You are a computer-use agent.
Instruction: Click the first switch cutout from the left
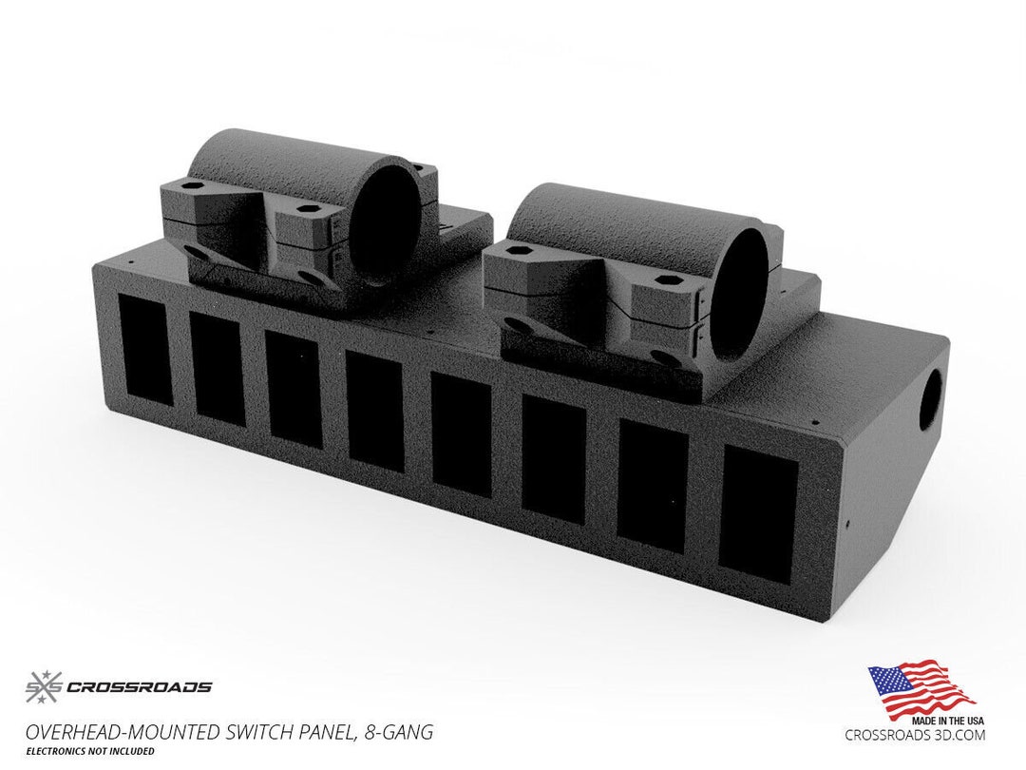145,349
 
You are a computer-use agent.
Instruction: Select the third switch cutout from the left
294,388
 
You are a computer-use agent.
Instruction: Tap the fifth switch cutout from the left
461,433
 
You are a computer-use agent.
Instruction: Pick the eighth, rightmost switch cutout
757,514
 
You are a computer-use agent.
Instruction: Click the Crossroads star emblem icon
43,686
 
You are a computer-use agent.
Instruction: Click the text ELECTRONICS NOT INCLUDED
90,751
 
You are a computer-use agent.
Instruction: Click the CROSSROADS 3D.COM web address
915,735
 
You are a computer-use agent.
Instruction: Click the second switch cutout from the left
218,368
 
